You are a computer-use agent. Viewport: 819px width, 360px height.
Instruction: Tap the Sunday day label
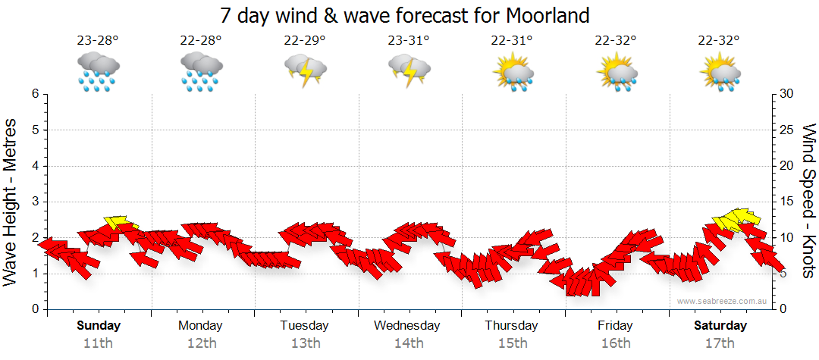coord(99,326)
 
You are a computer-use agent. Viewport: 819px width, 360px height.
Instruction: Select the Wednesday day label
coord(407,326)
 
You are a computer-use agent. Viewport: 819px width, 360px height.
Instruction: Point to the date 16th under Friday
coord(615,343)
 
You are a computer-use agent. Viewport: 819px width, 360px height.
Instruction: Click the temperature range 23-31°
coord(409,41)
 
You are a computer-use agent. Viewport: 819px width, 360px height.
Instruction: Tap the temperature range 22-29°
coord(305,41)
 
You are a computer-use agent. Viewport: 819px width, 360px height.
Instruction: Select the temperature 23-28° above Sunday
coord(98,41)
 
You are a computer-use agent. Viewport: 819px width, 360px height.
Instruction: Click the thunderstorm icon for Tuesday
coord(305,72)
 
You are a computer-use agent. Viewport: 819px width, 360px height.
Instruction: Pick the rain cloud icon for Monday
coord(201,72)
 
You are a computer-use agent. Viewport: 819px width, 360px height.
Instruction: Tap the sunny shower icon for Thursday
coord(513,73)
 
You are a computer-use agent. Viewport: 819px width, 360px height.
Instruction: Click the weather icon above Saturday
coord(720,73)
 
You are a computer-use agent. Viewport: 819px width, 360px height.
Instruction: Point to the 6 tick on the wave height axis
coord(35,94)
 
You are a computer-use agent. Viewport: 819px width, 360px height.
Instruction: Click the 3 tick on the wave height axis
coord(35,202)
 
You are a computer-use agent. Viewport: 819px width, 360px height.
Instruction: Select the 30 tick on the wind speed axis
coord(786,94)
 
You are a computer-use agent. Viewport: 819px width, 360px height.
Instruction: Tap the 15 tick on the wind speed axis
coord(786,202)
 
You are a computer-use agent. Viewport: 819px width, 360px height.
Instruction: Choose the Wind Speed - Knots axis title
coord(808,201)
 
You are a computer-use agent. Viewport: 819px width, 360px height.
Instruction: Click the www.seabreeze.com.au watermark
coord(723,301)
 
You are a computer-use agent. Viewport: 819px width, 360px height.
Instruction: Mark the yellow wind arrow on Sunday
coord(120,223)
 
